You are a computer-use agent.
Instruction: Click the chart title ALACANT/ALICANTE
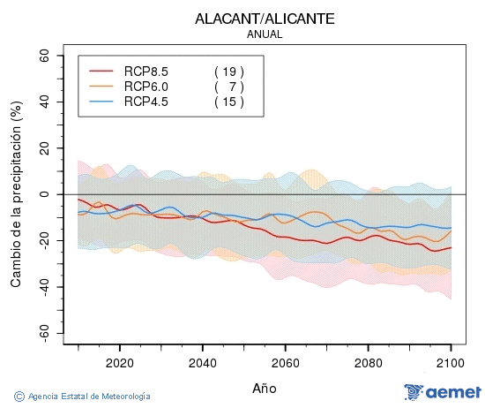tap(265, 19)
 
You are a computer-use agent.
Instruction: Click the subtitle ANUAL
tap(265, 34)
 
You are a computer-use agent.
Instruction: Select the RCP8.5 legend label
tap(146, 72)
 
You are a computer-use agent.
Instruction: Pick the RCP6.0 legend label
tap(146, 87)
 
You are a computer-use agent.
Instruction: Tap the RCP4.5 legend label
tap(146, 102)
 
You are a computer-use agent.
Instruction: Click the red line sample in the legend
tap(102, 72)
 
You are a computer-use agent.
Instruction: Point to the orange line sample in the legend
tap(102, 87)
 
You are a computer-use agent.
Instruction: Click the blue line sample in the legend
tap(102, 102)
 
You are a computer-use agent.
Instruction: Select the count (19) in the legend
tap(228, 72)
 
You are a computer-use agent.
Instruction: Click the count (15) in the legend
tap(228, 102)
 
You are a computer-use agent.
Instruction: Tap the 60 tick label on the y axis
tap(43, 55)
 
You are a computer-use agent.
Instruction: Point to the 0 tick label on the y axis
tap(47, 194)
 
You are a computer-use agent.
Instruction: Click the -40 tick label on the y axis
tap(41, 287)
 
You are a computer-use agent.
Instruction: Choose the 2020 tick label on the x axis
tap(119, 363)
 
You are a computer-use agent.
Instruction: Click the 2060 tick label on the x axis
tap(285, 363)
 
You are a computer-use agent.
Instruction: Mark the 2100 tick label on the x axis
tap(451, 363)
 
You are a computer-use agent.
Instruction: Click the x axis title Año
tap(265, 388)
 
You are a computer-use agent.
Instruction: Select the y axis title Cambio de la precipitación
tap(15, 194)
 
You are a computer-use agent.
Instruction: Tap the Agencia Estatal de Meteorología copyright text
tap(83, 397)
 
